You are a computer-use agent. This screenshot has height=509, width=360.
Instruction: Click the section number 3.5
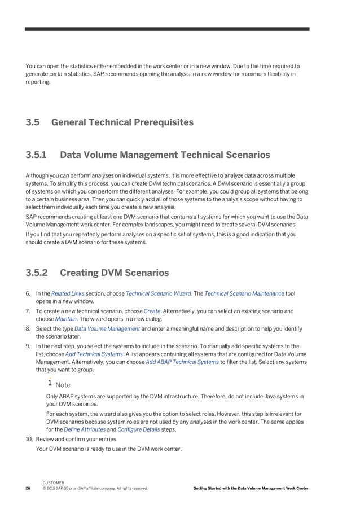(33, 122)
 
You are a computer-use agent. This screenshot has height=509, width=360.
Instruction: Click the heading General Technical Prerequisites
(122, 122)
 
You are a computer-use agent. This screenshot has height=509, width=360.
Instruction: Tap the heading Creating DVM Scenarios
(114, 273)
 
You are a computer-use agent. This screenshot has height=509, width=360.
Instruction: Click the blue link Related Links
(68, 293)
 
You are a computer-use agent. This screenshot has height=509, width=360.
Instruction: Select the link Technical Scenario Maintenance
(244, 293)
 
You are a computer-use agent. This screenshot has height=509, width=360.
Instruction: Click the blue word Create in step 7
(152, 311)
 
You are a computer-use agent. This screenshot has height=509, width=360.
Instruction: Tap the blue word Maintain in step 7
(66, 318)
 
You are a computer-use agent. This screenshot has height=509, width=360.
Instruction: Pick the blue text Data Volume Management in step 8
(107, 328)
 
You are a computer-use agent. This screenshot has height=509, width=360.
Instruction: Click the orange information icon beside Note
(50, 383)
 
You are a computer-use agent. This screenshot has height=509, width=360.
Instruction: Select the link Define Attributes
(84, 429)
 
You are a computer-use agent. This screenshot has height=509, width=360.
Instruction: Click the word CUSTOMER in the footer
(53, 483)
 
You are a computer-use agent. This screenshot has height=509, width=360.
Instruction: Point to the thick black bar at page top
(167, 29)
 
